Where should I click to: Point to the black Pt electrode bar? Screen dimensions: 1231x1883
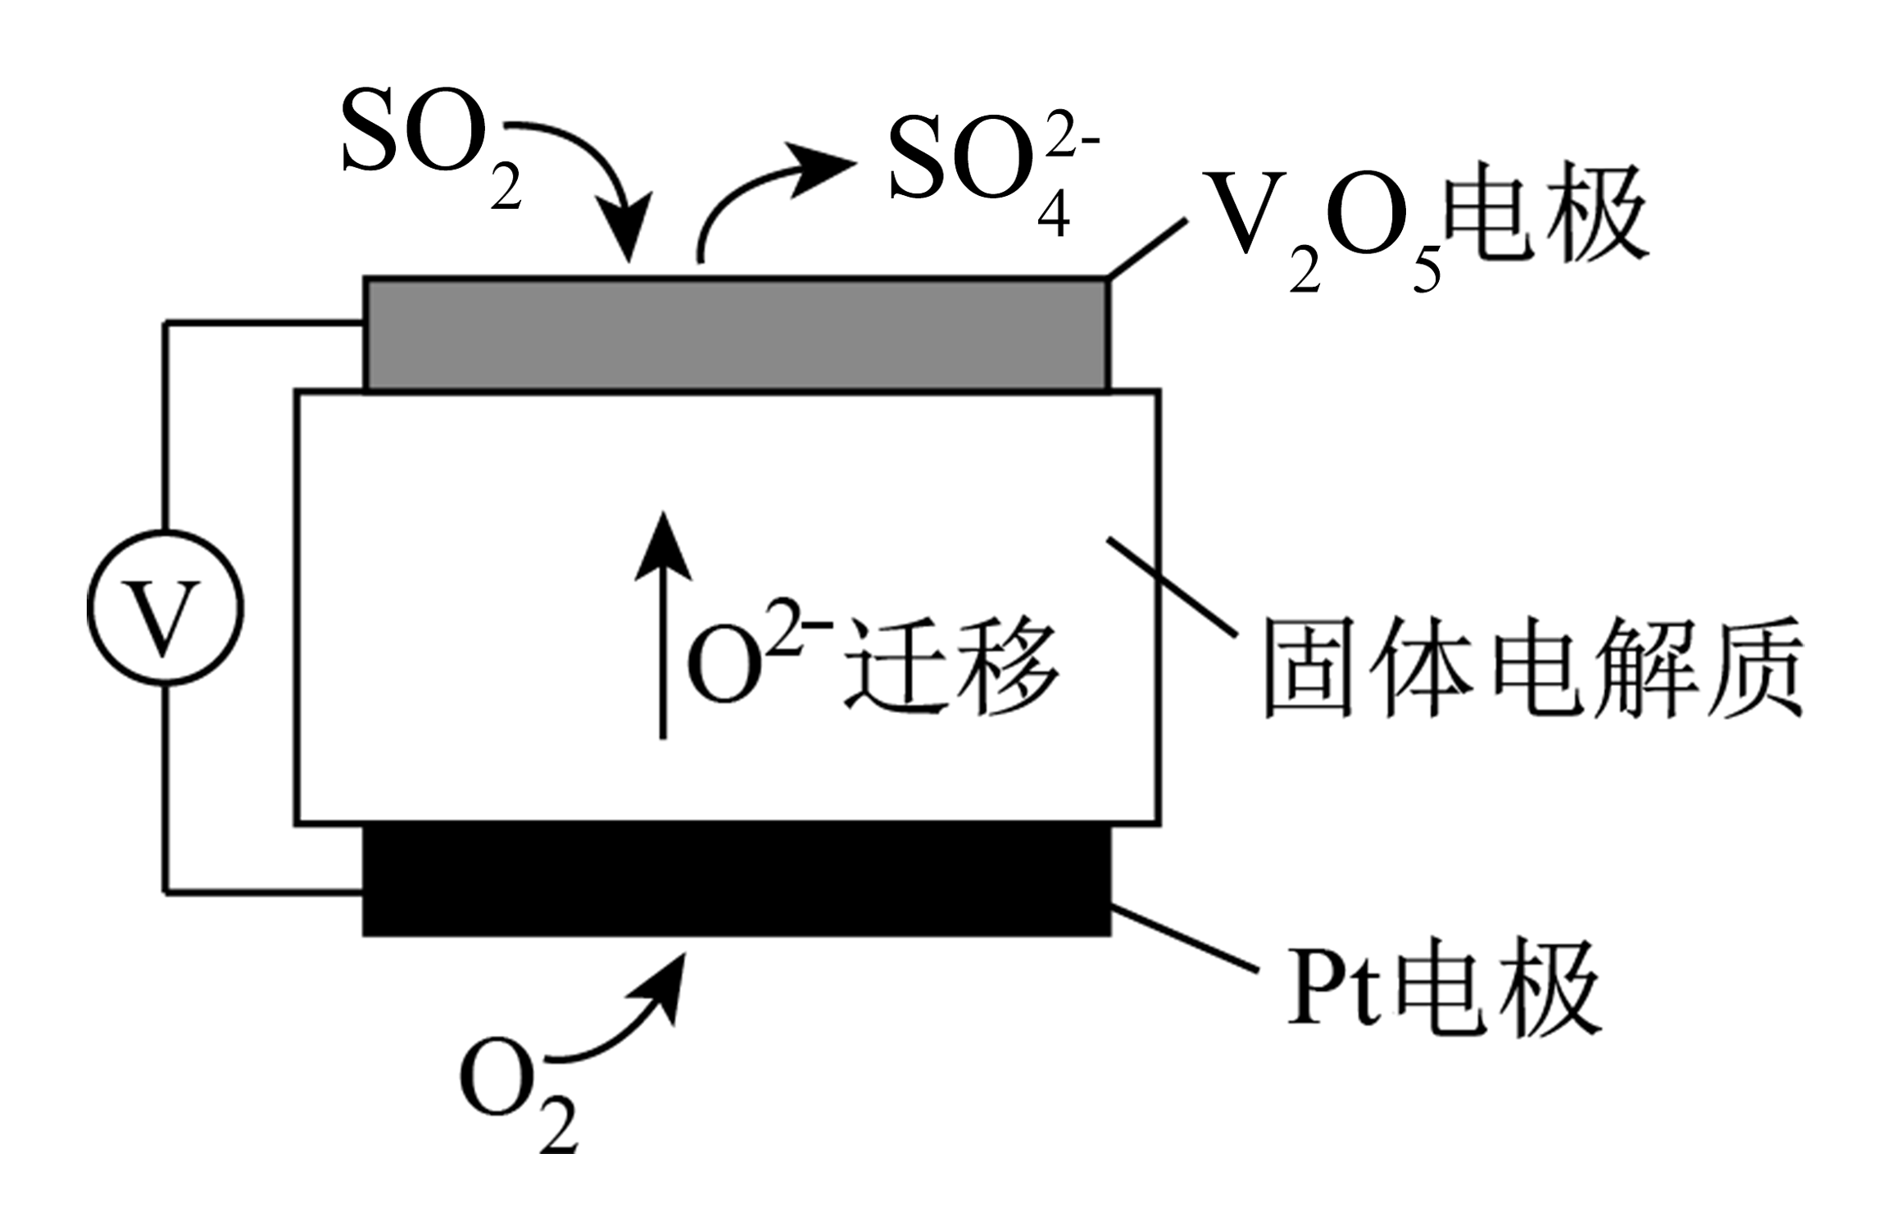736,879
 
